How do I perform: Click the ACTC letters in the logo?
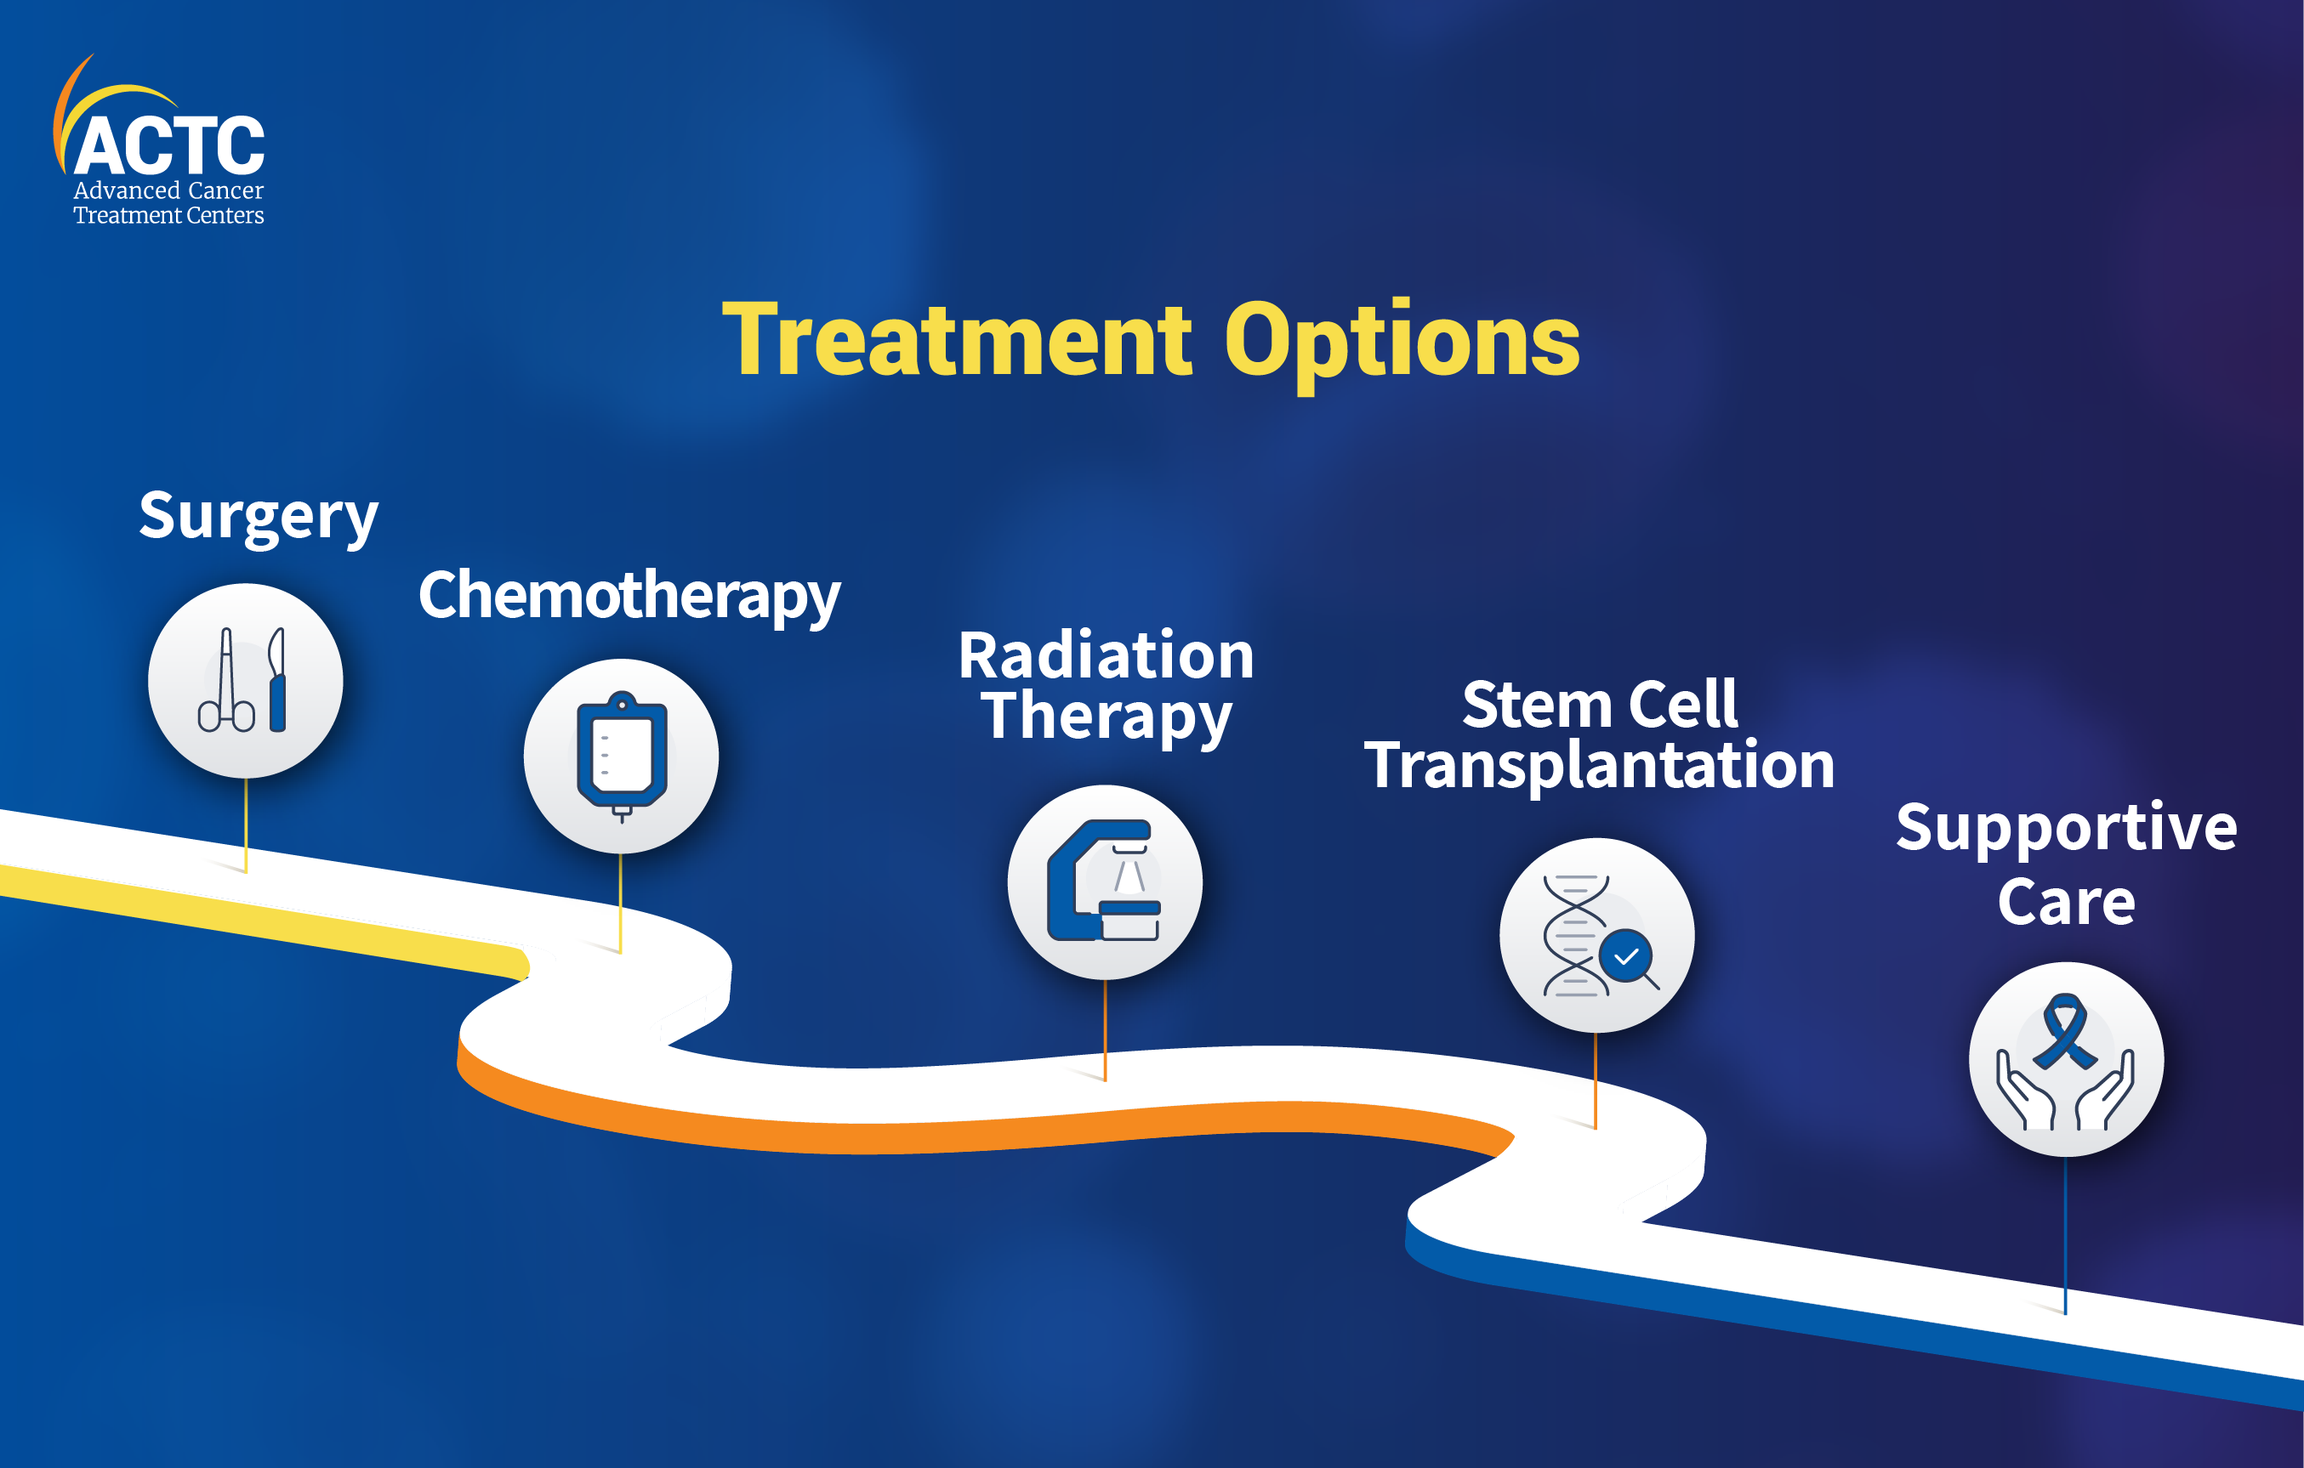point(169,145)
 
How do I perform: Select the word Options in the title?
point(1402,344)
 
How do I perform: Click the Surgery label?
point(259,518)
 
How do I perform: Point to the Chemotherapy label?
point(629,597)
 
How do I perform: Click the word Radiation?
point(1106,656)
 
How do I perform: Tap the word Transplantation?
point(1600,765)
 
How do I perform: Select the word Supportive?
point(2067,828)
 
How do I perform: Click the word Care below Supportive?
point(2067,902)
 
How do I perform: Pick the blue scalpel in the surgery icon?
point(277,680)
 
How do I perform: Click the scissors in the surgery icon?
point(227,680)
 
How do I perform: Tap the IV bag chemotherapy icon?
point(622,756)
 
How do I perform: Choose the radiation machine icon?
point(1104,881)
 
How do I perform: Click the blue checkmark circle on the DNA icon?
point(1625,955)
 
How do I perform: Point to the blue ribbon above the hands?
point(2065,1031)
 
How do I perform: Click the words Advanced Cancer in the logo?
point(168,190)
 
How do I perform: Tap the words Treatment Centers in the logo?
point(168,215)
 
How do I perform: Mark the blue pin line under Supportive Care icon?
point(2065,1236)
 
